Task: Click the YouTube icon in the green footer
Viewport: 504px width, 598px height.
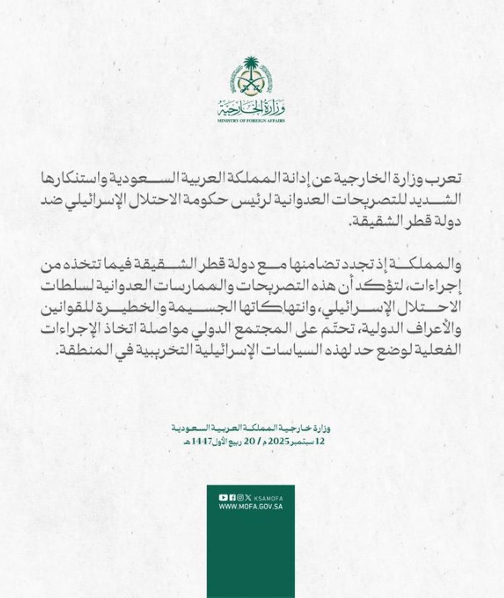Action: (x=222, y=497)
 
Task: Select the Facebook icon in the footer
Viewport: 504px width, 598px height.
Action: (x=230, y=497)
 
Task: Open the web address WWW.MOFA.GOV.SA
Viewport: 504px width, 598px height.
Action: (x=250, y=506)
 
